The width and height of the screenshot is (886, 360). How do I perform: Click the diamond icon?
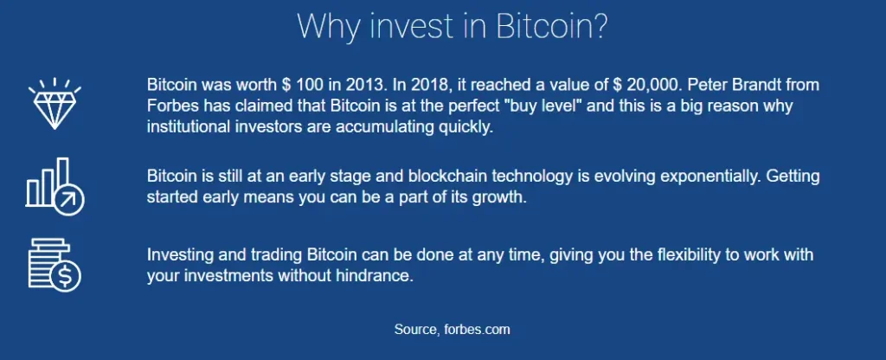(x=55, y=104)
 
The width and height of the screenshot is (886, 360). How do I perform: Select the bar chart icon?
(x=55, y=187)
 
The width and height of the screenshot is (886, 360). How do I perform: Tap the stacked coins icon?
(x=55, y=265)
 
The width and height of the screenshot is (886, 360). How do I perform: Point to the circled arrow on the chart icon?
(x=69, y=200)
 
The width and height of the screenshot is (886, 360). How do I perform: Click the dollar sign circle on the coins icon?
(x=66, y=276)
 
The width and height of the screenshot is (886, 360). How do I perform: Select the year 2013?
(x=363, y=86)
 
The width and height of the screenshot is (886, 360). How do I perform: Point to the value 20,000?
(x=652, y=86)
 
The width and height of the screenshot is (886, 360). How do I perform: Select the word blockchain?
(x=447, y=177)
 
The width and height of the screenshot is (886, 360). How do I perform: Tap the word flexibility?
(x=690, y=255)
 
